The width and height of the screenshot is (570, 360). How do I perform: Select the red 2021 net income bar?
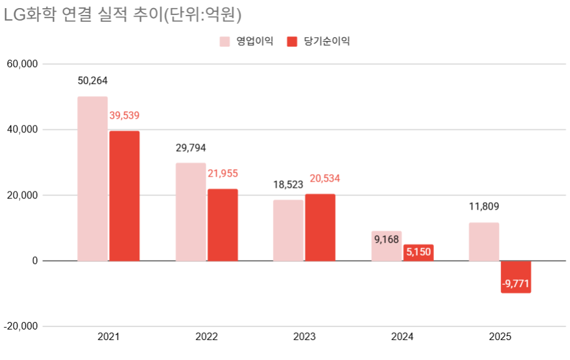tap(124, 196)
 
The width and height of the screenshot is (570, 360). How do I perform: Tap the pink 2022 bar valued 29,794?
tap(191, 212)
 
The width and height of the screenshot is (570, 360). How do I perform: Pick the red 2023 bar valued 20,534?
tap(320, 228)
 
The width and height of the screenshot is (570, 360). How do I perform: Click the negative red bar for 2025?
tap(515, 277)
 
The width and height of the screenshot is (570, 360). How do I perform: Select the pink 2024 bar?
tap(387, 246)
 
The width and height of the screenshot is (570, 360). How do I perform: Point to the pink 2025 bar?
tap(484, 242)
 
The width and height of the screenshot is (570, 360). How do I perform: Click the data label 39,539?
tap(124, 116)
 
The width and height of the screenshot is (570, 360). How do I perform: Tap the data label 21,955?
tap(223, 173)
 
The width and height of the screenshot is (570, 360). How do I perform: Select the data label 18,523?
tap(288, 185)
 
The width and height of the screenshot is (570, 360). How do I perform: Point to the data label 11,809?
tap(484, 207)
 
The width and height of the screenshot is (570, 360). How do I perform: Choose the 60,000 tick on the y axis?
tap(22, 64)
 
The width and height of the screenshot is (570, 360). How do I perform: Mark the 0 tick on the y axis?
tap(35, 261)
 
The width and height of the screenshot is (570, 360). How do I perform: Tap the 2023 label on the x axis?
tap(304, 337)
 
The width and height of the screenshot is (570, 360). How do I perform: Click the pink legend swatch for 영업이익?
tap(225, 42)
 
